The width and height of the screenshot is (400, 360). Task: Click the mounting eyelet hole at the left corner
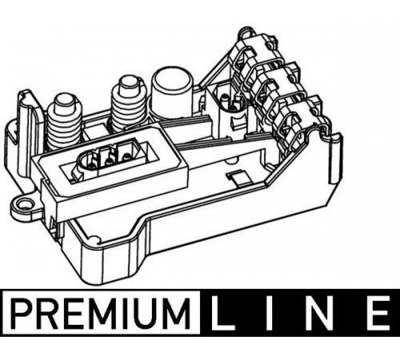point(25,205)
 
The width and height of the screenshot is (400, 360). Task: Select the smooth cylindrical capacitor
point(172,92)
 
